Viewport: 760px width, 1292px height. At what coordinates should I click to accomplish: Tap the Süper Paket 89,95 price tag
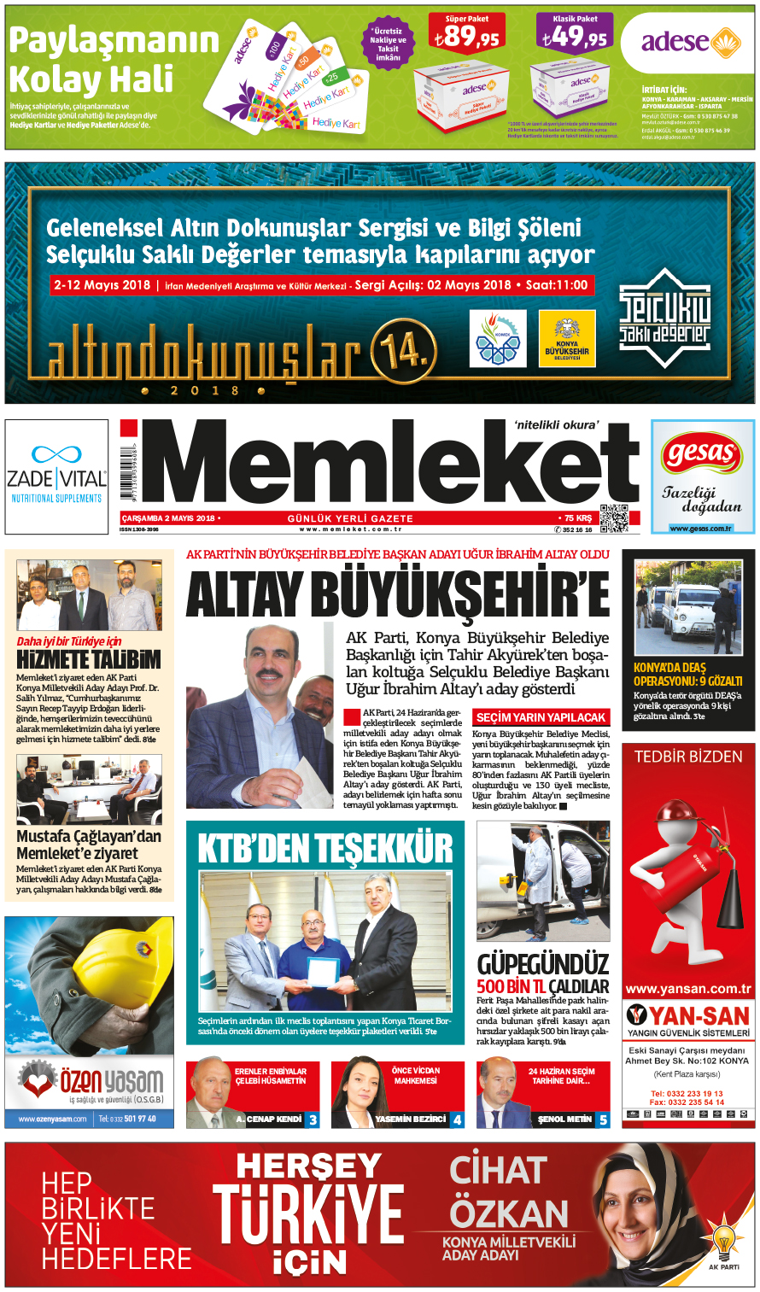[467, 37]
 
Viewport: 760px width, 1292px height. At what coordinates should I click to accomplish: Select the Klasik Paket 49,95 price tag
[575, 37]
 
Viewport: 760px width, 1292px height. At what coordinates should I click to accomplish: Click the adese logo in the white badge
[688, 42]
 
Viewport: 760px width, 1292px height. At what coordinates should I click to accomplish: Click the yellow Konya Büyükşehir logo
[566, 338]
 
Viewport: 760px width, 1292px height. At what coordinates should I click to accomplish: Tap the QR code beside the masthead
[613, 517]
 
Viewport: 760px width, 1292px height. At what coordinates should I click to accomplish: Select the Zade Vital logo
[56, 476]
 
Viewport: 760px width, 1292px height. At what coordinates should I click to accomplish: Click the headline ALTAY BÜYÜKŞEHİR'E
[398, 594]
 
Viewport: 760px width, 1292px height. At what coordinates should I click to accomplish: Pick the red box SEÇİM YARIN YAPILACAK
[541, 717]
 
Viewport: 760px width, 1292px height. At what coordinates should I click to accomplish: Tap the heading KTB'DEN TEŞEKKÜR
[325, 848]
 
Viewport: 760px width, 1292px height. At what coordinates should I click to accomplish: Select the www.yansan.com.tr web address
[688, 989]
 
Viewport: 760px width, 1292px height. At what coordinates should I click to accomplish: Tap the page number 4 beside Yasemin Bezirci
[458, 1120]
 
